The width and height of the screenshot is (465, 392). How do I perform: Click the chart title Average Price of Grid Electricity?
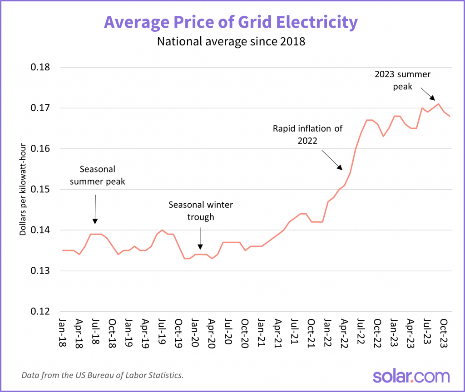click(231, 22)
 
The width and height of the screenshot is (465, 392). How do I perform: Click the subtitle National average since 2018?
click(231, 42)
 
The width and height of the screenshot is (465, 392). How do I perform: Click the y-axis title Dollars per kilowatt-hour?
click(22, 190)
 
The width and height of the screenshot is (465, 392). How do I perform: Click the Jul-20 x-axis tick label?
click(228, 334)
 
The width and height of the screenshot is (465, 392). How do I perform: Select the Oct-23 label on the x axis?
click(444, 334)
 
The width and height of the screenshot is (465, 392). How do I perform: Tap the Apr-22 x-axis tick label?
click(344, 334)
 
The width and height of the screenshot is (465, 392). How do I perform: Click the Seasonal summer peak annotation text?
click(98, 175)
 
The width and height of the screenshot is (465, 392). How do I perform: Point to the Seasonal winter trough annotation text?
click(201, 211)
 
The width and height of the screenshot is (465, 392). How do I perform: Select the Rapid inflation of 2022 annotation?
click(307, 134)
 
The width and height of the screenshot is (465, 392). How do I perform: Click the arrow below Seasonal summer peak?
click(95, 209)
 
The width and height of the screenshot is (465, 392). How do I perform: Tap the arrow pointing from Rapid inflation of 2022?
click(331, 160)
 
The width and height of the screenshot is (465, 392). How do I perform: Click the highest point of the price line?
click(438, 104)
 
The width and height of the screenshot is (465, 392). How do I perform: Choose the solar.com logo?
click(411, 376)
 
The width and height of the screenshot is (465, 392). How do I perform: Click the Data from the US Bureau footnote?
click(102, 376)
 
